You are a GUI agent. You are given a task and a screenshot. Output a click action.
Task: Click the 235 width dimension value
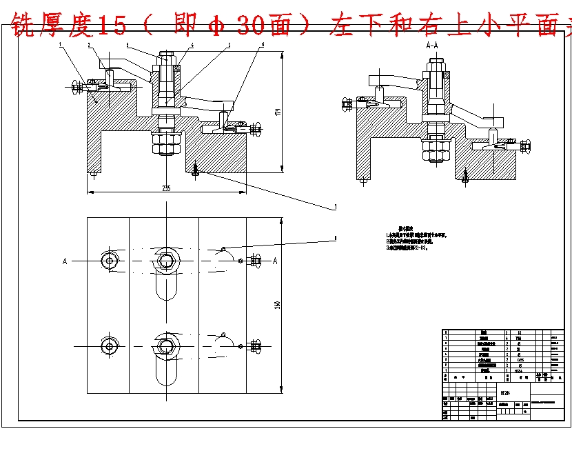click(x=166, y=188)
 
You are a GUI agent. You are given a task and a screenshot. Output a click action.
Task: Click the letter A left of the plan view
click(x=65, y=261)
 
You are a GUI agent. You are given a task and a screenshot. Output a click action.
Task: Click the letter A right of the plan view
click(x=275, y=261)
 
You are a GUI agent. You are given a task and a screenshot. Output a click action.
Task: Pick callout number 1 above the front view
click(x=61, y=45)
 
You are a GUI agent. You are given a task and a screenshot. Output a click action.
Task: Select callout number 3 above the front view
click(x=127, y=45)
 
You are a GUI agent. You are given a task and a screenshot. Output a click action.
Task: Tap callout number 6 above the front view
click(x=263, y=45)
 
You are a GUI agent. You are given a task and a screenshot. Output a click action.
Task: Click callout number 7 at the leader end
click(x=335, y=206)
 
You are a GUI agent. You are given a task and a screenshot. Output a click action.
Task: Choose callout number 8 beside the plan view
click(x=335, y=238)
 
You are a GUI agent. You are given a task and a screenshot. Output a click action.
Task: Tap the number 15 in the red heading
click(x=113, y=26)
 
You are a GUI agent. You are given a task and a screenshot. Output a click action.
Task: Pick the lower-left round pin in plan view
click(x=110, y=345)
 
